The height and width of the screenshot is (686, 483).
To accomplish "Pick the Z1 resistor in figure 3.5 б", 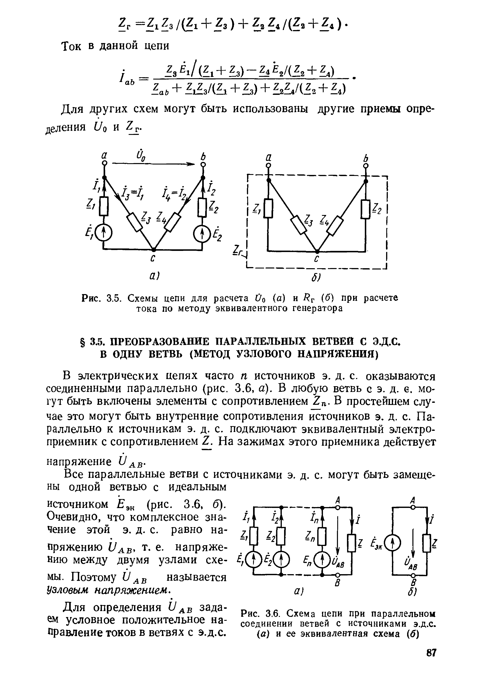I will [x=268, y=208].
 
